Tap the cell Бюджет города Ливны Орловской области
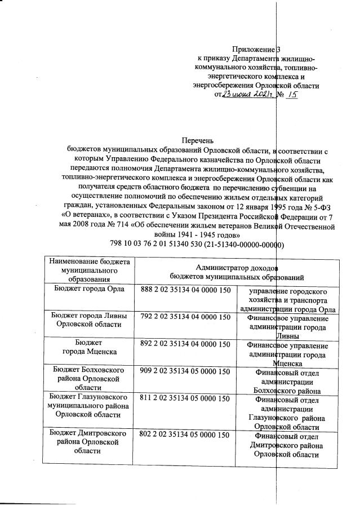[89, 321]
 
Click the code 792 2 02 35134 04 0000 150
[186, 317]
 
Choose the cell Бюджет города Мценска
[89, 348]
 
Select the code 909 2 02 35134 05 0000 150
[186, 371]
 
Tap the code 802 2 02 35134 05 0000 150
[186, 434]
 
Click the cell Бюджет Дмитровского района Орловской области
[89, 443]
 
